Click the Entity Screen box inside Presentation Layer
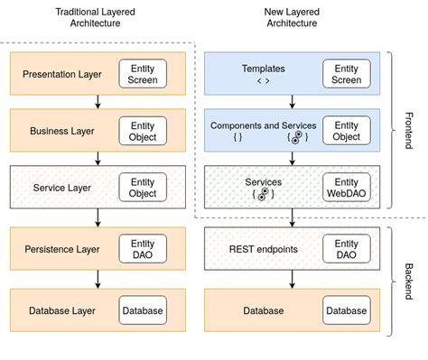click(x=143, y=74)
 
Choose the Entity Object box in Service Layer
click(x=143, y=188)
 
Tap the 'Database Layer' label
click(x=60, y=311)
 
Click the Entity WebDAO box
click(x=346, y=188)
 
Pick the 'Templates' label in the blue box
click(x=263, y=69)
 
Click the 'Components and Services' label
click(x=263, y=125)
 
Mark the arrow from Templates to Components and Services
click(x=291, y=102)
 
